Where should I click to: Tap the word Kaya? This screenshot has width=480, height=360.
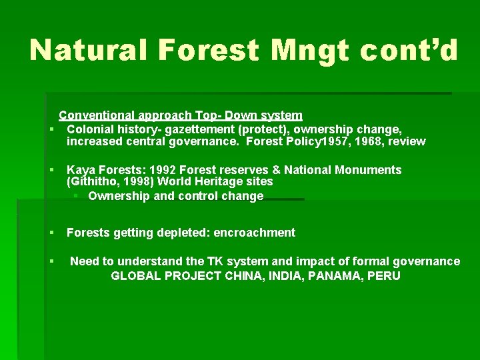(80, 170)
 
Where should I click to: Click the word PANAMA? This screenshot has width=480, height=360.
(334, 275)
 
